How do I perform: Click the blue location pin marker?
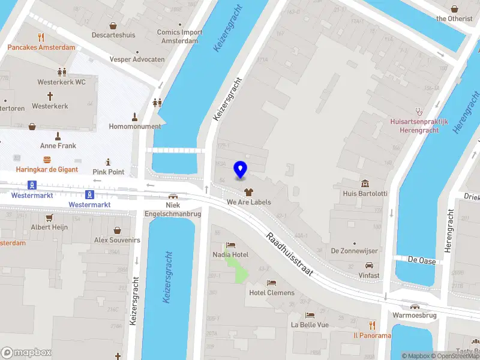241,170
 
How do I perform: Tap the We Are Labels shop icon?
248,193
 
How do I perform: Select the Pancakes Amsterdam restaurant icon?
41,37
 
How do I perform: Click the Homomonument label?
135,127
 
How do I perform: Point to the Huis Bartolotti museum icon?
365,183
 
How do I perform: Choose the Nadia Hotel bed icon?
230,245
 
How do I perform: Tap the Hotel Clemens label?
272,293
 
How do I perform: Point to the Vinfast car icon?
368,265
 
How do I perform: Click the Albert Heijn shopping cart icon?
50,218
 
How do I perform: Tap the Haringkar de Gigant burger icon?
47,160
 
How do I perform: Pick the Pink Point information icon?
108,162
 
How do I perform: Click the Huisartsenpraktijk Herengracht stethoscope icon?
419,111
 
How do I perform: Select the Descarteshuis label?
113,35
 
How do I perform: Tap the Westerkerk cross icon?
50,96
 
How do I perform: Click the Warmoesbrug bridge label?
413,315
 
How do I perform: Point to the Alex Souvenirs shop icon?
117,230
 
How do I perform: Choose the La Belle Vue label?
310,325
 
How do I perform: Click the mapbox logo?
26,352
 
